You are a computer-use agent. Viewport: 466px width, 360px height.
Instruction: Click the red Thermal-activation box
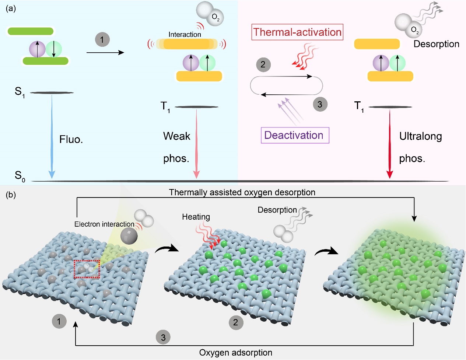[x=297, y=32]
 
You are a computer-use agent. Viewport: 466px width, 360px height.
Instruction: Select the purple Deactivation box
[x=295, y=135]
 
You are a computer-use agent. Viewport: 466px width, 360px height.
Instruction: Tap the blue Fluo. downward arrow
[x=52, y=136]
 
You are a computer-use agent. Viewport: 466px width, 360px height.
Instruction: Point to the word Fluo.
[x=71, y=139]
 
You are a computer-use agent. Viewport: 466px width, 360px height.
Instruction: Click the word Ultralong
[x=420, y=136]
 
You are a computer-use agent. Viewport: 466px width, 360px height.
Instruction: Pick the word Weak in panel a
[x=177, y=136]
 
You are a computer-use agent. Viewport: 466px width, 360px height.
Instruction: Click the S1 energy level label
[x=20, y=92]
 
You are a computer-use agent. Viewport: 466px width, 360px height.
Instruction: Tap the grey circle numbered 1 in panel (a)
[x=102, y=39]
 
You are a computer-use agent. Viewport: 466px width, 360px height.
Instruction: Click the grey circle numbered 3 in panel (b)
[x=163, y=337]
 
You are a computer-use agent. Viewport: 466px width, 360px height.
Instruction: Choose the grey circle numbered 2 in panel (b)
[x=236, y=322]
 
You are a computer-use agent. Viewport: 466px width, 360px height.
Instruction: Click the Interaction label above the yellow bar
[x=185, y=34]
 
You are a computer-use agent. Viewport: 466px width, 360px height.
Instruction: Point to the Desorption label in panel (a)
[x=436, y=44]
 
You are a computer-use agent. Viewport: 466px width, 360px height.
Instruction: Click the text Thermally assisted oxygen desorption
[x=242, y=192]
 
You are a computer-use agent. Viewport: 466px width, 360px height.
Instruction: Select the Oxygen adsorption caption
[x=236, y=353]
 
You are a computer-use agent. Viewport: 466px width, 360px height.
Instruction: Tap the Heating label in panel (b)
[x=196, y=217]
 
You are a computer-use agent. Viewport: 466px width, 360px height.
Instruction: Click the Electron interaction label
[x=104, y=224]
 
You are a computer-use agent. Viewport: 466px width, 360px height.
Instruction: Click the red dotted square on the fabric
[x=87, y=269]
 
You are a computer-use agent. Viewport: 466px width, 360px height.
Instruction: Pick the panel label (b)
[x=11, y=195]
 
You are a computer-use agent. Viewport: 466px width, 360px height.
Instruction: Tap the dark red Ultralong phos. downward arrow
[x=390, y=144]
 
